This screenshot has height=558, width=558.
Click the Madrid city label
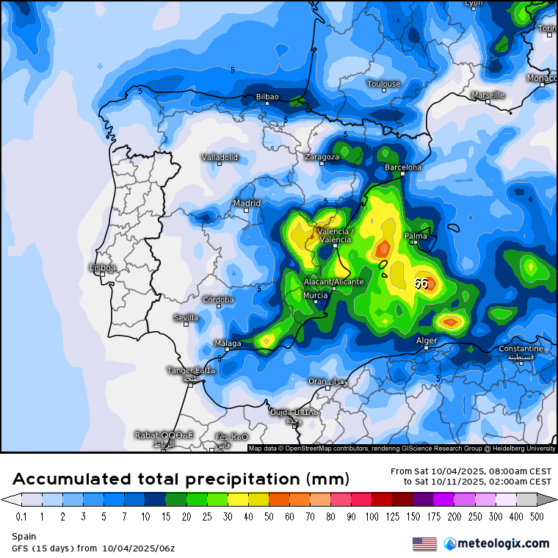click(x=247, y=203)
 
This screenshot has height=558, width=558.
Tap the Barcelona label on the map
click(x=403, y=167)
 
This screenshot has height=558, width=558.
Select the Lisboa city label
click(x=102, y=268)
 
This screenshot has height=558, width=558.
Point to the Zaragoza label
click(x=322, y=157)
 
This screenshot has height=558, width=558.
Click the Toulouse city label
click(x=384, y=84)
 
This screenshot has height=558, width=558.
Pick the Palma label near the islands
click(x=416, y=236)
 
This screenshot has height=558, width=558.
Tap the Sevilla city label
click(x=186, y=318)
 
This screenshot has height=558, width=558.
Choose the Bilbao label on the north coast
click(x=267, y=97)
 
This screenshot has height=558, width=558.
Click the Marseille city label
click(x=488, y=95)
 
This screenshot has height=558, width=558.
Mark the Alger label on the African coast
click(x=427, y=341)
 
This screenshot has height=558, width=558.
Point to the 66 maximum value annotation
click(x=421, y=283)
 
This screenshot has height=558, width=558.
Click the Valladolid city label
click(x=220, y=158)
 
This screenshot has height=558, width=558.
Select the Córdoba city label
click(x=219, y=300)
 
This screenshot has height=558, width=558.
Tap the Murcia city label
click(x=315, y=295)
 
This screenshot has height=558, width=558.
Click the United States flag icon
click(x=424, y=544)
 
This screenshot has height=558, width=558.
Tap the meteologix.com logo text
click(x=502, y=544)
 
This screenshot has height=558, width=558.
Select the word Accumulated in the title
click(x=72, y=479)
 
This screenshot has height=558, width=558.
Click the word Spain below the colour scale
click(x=23, y=537)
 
